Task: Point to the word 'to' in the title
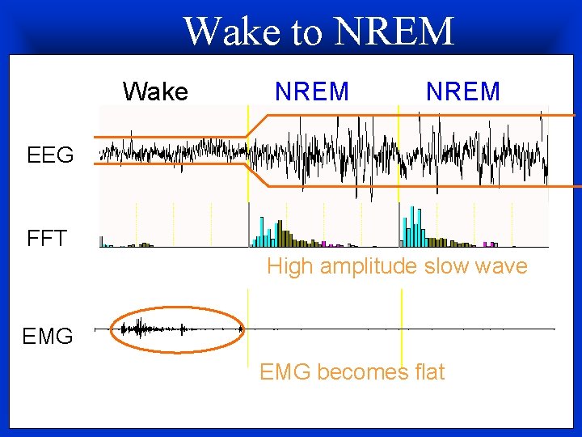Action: coord(306,32)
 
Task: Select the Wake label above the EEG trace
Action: coord(155,91)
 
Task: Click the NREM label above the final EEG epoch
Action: coord(463,91)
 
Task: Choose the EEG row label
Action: coord(50,155)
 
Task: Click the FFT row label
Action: coord(47,239)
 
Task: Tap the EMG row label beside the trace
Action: coord(48,335)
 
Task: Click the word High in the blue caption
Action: coord(291,266)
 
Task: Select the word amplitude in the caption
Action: coord(368,267)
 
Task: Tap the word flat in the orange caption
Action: coord(427,371)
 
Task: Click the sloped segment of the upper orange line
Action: coord(258,125)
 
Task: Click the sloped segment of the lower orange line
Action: coord(258,175)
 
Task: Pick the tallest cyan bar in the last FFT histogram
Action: coord(413,226)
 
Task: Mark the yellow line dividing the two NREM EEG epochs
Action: coord(399,154)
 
